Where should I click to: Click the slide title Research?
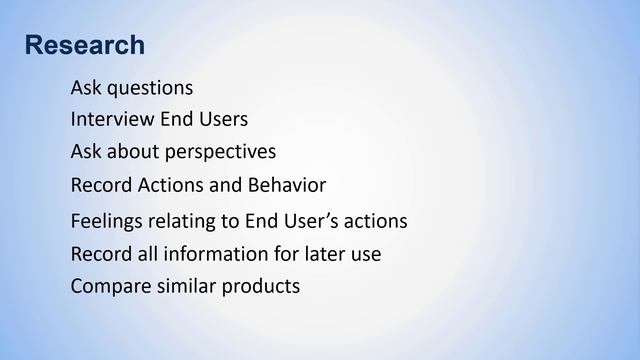point(84,46)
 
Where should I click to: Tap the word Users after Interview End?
point(222,119)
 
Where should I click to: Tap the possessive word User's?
point(306,220)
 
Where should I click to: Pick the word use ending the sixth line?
point(365,255)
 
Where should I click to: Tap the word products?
point(262,287)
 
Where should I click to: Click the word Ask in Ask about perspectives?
point(86,152)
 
